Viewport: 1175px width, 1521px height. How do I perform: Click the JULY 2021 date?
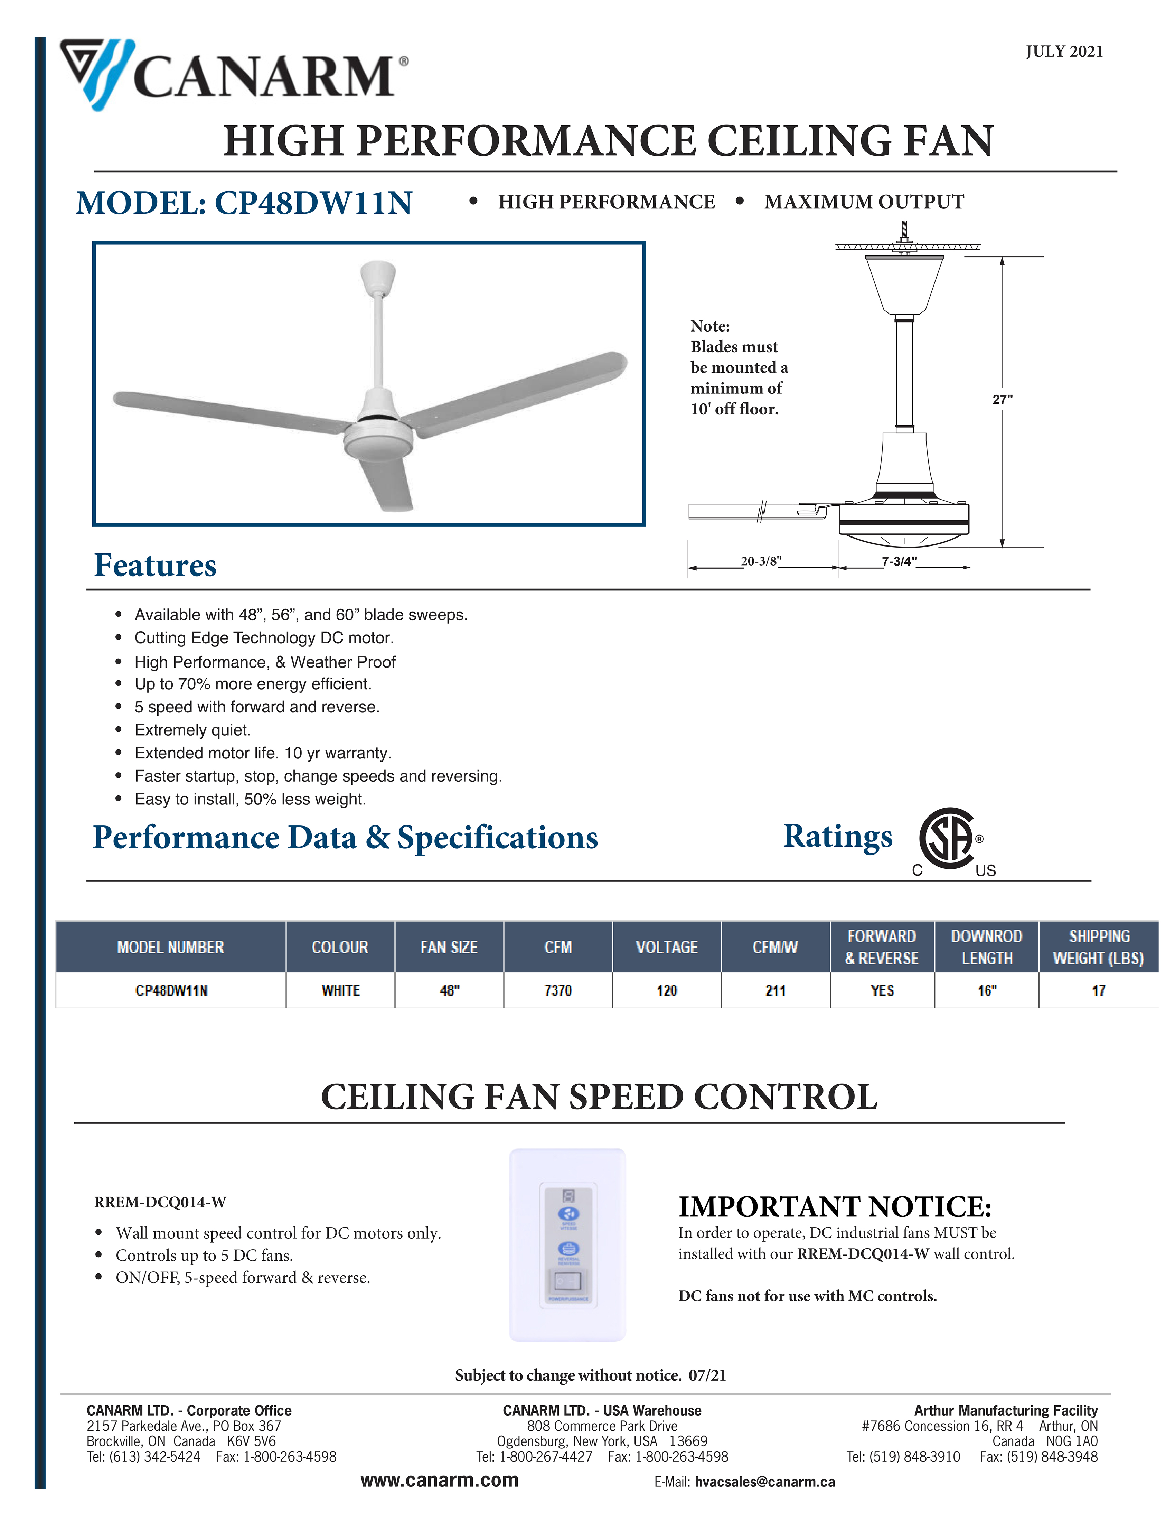click(x=1064, y=52)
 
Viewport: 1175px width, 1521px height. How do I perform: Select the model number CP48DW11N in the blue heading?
click(x=313, y=203)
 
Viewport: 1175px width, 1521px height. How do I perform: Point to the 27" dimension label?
click(x=1002, y=399)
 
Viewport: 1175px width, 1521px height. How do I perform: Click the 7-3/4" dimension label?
click(x=899, y=561)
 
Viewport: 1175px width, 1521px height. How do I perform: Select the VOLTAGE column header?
click(x=666, y=947)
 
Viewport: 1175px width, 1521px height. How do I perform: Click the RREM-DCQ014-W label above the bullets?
click(x=160, y=1202)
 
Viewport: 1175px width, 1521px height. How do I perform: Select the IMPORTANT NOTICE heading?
click(x=835, y=1207)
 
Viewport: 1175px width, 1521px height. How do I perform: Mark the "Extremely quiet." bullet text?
click(x=193, y=730)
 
